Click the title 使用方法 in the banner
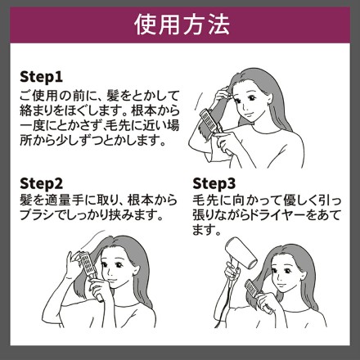[x=181, y=25]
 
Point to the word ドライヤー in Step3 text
[x=283, y=217]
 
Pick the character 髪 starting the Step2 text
[x=25, y=201]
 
